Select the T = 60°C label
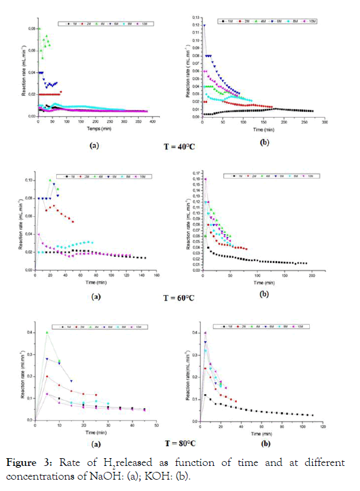click(179, 297)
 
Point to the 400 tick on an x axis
click(152, 122)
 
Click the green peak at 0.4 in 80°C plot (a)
click(47, 332)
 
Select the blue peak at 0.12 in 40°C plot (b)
click(205, 26)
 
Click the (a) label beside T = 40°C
click(94, 145)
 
